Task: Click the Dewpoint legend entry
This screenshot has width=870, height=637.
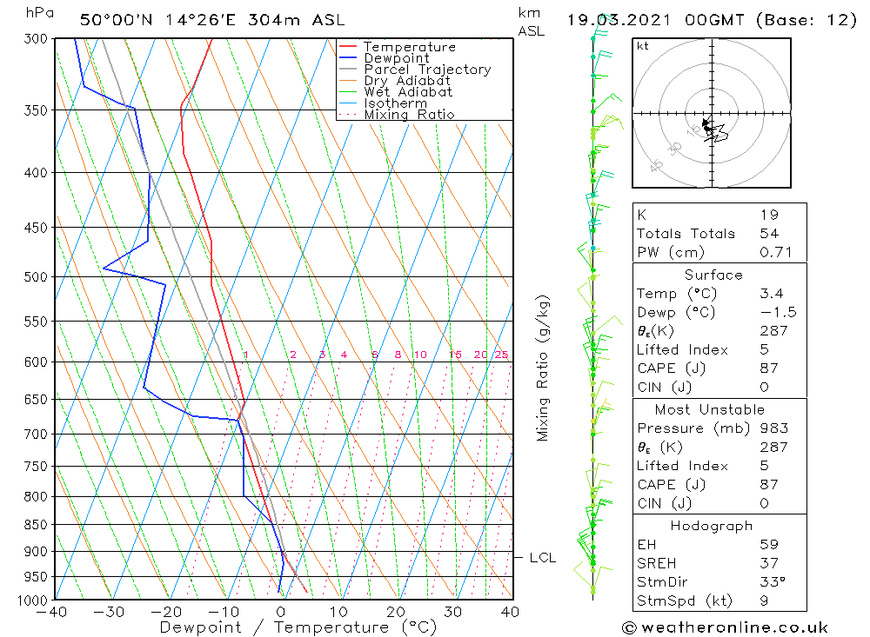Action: [396, 58]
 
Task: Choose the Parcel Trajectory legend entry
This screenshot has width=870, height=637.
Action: [427, 70]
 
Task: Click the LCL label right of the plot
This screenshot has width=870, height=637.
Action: [542, 558]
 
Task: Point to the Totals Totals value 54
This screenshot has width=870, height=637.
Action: [769, 233]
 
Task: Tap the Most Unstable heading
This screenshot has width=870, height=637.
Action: [710, 409]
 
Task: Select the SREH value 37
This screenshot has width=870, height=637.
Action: [769, 563]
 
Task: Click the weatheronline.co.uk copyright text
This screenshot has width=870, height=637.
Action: [725, 627]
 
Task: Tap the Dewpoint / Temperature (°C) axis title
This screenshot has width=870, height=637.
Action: [298, 627]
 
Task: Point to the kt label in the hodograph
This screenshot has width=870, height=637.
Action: [643, 46]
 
